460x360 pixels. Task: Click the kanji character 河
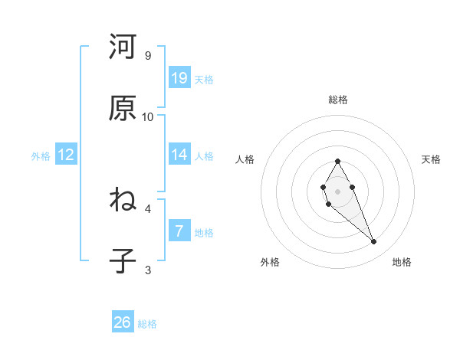click(123, 47)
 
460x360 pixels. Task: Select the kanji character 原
click(123, 109)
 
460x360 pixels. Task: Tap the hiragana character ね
click(123, 201)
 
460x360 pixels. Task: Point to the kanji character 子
click(123, 261)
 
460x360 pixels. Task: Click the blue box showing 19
click(179, 78)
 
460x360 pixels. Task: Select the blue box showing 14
click(179, 155)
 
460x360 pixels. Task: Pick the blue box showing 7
click(179, 231)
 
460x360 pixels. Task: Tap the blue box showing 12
click(66, 155)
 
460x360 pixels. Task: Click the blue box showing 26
click(123, 322)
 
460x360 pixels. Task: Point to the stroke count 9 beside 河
click(148, 56)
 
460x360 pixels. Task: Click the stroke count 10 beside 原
click(148, 117)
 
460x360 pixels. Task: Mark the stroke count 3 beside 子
click(148, 270)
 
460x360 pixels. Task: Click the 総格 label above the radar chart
click(338, 100)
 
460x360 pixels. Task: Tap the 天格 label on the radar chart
click(432, 159)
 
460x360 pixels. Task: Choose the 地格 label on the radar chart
click(402, 262)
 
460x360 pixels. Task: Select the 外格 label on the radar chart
click(270, 262)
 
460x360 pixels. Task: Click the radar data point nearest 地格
click(373, 242)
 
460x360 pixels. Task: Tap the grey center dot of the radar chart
click(337, 191)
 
